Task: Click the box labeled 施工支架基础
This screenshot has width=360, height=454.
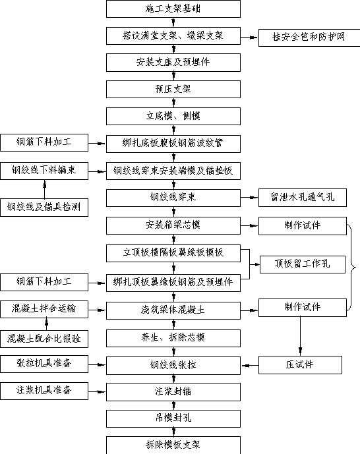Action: click(x=173, y=9)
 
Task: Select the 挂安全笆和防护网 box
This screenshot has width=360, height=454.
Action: click(x=309, y=38)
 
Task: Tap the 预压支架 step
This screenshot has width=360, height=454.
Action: click(x=173, y=89)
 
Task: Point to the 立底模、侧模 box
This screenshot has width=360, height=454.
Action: click(x=173, y=116)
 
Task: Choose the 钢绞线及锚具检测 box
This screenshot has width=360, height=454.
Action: click(x=44, y=208)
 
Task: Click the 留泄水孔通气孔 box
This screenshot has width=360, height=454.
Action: click(x=303, y=198)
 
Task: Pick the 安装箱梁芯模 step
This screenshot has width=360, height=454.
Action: click(x=173, y=225)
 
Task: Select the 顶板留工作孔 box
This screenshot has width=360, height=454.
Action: click(x=303, y=264)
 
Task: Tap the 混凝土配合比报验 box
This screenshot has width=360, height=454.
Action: click(x=44, y=339)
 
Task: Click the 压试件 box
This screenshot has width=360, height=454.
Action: click(x=300, y=365)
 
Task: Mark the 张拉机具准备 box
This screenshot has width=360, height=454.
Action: click(x=44, y=364)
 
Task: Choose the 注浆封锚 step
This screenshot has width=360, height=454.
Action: click(x=173, y=392)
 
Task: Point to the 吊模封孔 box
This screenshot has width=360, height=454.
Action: click(x=173, y=418)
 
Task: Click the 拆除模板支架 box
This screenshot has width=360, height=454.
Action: click(x=173, y=445)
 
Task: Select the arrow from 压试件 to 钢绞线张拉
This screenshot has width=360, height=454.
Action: click(x=249, y=366)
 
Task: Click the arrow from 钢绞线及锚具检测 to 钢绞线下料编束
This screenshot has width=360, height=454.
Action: click(x=45, y=189)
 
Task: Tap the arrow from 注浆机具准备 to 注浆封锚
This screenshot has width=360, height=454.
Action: click(x=97, y=392)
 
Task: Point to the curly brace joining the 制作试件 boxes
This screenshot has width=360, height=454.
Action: click(x=351, y=268)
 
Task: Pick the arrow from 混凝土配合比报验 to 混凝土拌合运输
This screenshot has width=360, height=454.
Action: click(x=47, y=324)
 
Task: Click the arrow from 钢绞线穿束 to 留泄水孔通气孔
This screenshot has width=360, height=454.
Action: click(x=249, y=198)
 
